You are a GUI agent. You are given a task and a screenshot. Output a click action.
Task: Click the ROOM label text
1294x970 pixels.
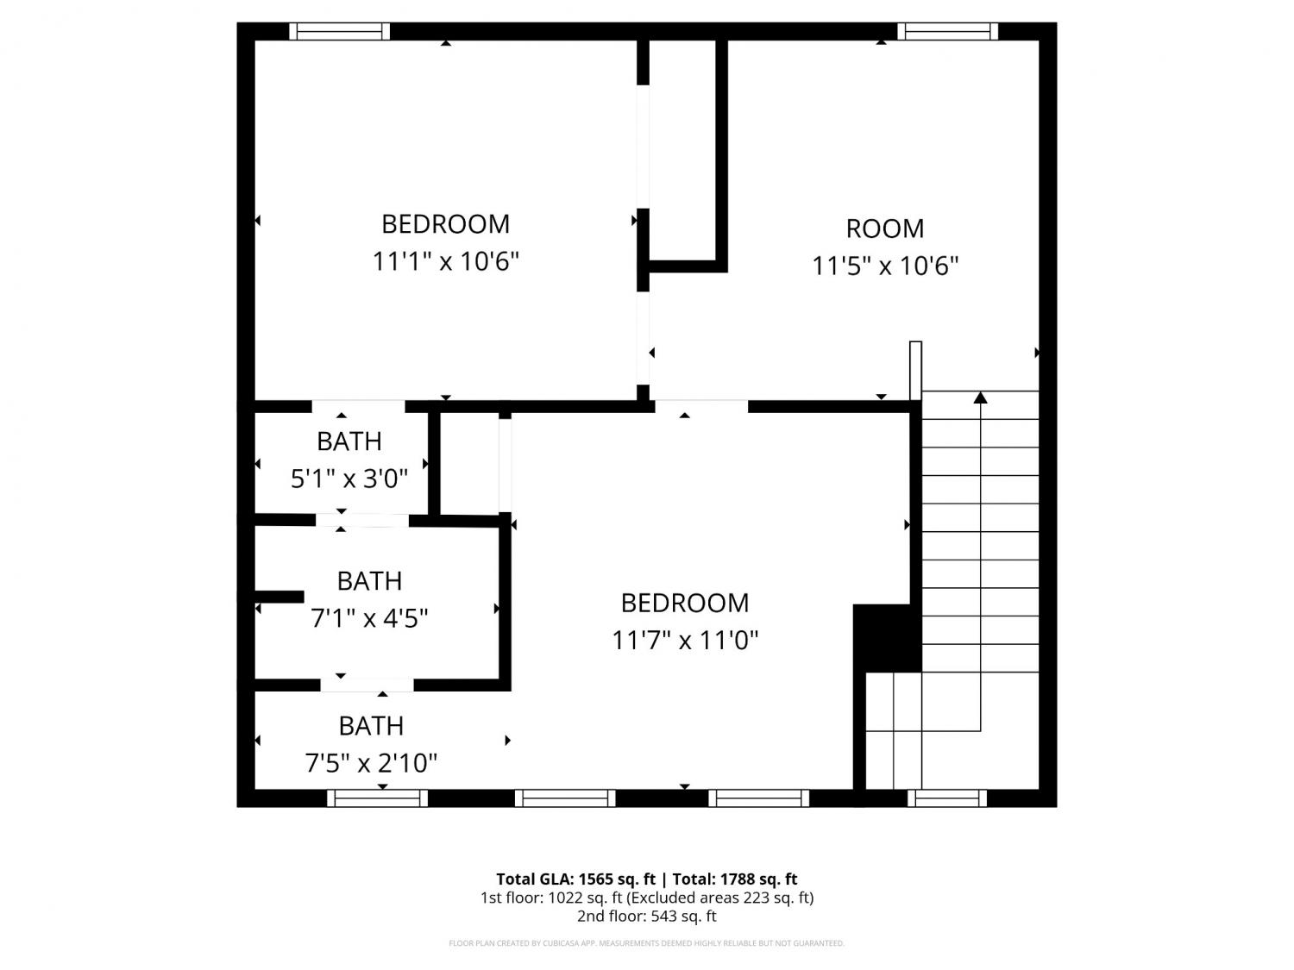click(884, 228)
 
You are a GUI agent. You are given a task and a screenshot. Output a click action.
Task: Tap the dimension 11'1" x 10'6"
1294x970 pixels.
click(445, 261)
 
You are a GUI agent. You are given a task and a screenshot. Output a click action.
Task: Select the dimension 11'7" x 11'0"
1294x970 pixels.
click(684, 640)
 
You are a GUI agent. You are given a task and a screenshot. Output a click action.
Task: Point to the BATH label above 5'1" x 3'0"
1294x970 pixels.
click(349, 441)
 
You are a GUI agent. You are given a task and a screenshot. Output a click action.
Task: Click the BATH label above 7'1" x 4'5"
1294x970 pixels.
click(369, 581)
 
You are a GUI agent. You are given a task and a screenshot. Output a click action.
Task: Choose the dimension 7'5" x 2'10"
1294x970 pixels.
click(371, 763)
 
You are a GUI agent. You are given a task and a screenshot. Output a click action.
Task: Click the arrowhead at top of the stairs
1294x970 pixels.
click(980, 397)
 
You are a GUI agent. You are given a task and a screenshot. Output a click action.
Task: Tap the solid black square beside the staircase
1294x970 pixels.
click(887, 638)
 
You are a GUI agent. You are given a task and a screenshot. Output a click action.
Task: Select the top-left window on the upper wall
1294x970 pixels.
click(340, 31)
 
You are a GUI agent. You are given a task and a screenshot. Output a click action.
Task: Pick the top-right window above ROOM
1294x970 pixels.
click(947, 31)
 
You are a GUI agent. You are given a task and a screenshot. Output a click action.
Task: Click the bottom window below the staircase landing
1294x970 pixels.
click(946, 798)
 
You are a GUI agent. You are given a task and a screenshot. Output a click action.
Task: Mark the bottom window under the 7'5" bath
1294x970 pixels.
click(377, 798)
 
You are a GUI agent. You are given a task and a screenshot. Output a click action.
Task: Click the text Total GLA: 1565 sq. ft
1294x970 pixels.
click(575, 879)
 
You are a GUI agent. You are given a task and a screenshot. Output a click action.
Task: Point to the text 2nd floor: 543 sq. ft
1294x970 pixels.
click(647, 917)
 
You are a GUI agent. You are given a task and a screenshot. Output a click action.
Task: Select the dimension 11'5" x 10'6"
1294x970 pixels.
click(885, 266)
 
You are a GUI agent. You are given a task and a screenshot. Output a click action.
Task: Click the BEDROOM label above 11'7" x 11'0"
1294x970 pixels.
click(684, 603)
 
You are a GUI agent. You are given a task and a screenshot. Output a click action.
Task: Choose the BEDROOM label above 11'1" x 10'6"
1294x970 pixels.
click(445, 224)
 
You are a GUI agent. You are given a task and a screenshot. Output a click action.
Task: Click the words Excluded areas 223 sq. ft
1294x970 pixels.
click(719, 898)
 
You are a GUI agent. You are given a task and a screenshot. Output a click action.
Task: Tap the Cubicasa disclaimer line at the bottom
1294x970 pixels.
click(647, 943)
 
